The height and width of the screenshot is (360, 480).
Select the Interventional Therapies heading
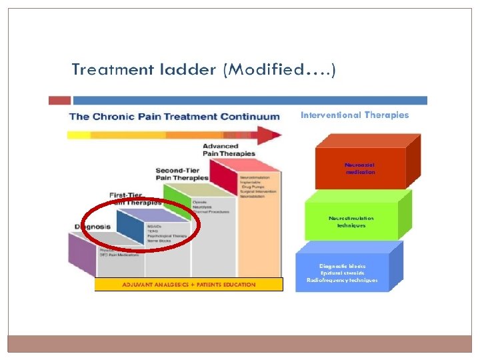click(363, 115)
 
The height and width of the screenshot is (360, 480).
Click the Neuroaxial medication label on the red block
click(360, 168)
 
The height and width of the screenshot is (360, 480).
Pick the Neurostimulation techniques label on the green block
click(351, 221)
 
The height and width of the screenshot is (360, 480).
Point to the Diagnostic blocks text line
click(342, 266)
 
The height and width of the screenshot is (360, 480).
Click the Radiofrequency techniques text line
click(342, 280)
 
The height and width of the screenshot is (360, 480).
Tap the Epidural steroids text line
click(342, 273)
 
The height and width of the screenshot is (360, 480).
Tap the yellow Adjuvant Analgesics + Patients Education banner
click(189, 285)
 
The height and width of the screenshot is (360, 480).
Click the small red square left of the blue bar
click(60, 100)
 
